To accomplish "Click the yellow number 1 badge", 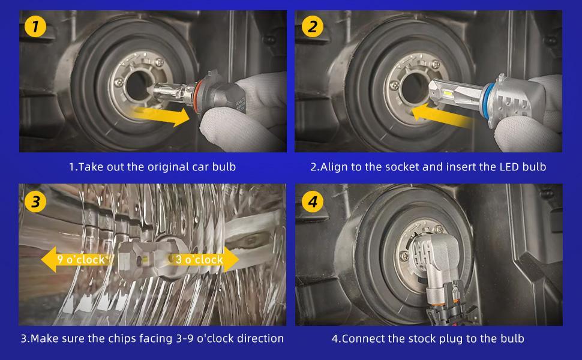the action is coord(35,27).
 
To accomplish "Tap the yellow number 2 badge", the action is coord(313,27).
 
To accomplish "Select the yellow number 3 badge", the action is coord(35,202).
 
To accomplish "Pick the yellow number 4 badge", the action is coord(313,202).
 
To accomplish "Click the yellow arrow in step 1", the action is coord(160,115).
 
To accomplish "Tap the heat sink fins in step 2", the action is coord(514,107).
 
